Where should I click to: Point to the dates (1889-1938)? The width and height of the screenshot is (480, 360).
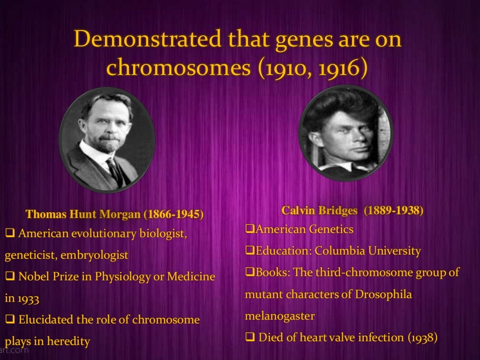(395, 211)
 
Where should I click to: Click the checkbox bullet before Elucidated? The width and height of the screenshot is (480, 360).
(10, 320)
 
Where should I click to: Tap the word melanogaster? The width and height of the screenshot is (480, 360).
(279, 315)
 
